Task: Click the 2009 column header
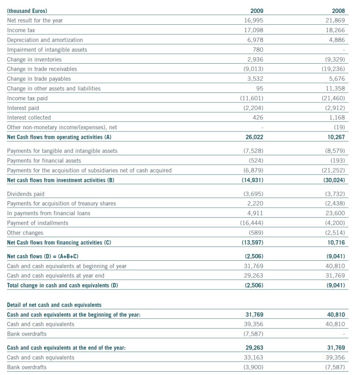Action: [x=256, y=10]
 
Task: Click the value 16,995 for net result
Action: [x=254, y=21]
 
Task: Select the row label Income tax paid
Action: [x=27, y=98]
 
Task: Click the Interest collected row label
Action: [x=29, y=118]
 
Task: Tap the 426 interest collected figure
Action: [x=257, y=118]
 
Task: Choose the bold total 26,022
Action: [x=254, y=137]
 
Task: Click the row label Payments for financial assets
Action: [x=44, y=160]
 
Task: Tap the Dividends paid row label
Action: [x=26, y=194]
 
